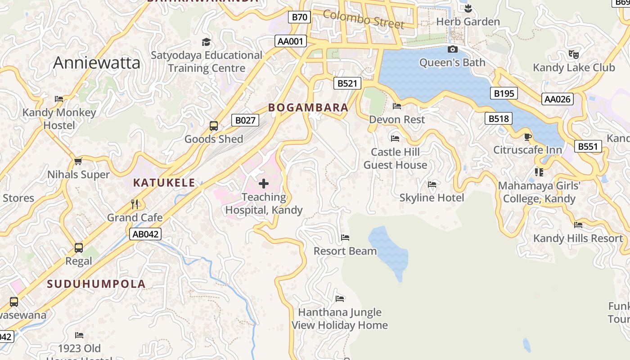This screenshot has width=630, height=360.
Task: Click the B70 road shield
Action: click(x=299, y=18)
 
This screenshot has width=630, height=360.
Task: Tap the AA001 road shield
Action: click(x=291, y=41)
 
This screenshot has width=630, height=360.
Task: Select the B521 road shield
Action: click(x=347, y=83)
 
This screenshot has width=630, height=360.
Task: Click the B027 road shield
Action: click(x=245, y=120)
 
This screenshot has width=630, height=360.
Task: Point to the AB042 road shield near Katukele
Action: click(x=145, y=234)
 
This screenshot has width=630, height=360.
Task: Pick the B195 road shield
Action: click(x=504, y=93)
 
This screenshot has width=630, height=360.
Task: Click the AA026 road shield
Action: click(x=558, y=99)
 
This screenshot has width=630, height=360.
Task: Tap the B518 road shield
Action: click(x=499, y=118)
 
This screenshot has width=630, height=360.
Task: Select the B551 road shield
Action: click(x=588, y=146)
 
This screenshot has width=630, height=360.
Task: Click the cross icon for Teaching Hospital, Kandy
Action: click(x=264, y=183)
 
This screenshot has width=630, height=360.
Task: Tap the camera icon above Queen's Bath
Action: click(x=453, y=49)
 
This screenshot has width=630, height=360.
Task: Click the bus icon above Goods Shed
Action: click(x=214, y=126)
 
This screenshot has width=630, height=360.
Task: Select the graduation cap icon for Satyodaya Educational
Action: click(x=206, y=42)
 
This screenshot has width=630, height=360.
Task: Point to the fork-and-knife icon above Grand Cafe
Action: click(x=135, y=204)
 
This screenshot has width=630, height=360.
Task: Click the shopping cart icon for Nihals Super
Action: click(x=78, y=161)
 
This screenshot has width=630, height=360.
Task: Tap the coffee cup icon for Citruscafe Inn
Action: click(x=528, y=137)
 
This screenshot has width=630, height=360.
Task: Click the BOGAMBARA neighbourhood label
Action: click(x=308, y=108)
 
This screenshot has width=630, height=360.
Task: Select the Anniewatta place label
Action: click(x=97, y=63)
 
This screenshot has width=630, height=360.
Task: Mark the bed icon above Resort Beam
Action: click(x=345, y=238)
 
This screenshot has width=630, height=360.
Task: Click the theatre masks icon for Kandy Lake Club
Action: click(x=573, y=54)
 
